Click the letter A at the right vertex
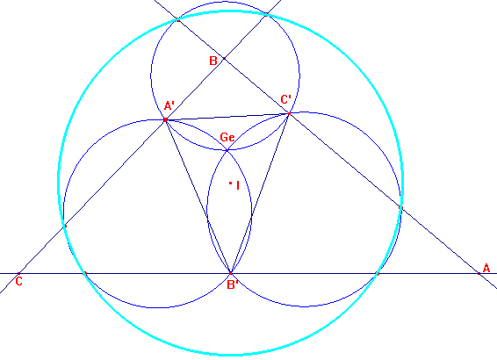(486, 268)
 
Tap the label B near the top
(213, 61)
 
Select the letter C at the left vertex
(19, 281)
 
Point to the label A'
(169, 105)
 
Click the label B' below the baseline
(233, 284)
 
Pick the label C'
(286, 99)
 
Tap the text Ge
(227, 137)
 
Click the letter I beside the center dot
(238, 185)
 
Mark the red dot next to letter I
(230, 183)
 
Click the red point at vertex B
(224, 58)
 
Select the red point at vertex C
(18, 273)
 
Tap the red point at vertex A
(479, 273)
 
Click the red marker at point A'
(165, 119)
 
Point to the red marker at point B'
(230, 273)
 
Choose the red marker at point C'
(289, 113)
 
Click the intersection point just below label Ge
(227, 150)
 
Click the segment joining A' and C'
(227, 117)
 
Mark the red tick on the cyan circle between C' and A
(400, 207)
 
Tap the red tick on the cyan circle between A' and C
(65, 226)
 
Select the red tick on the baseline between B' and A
(377, 273)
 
